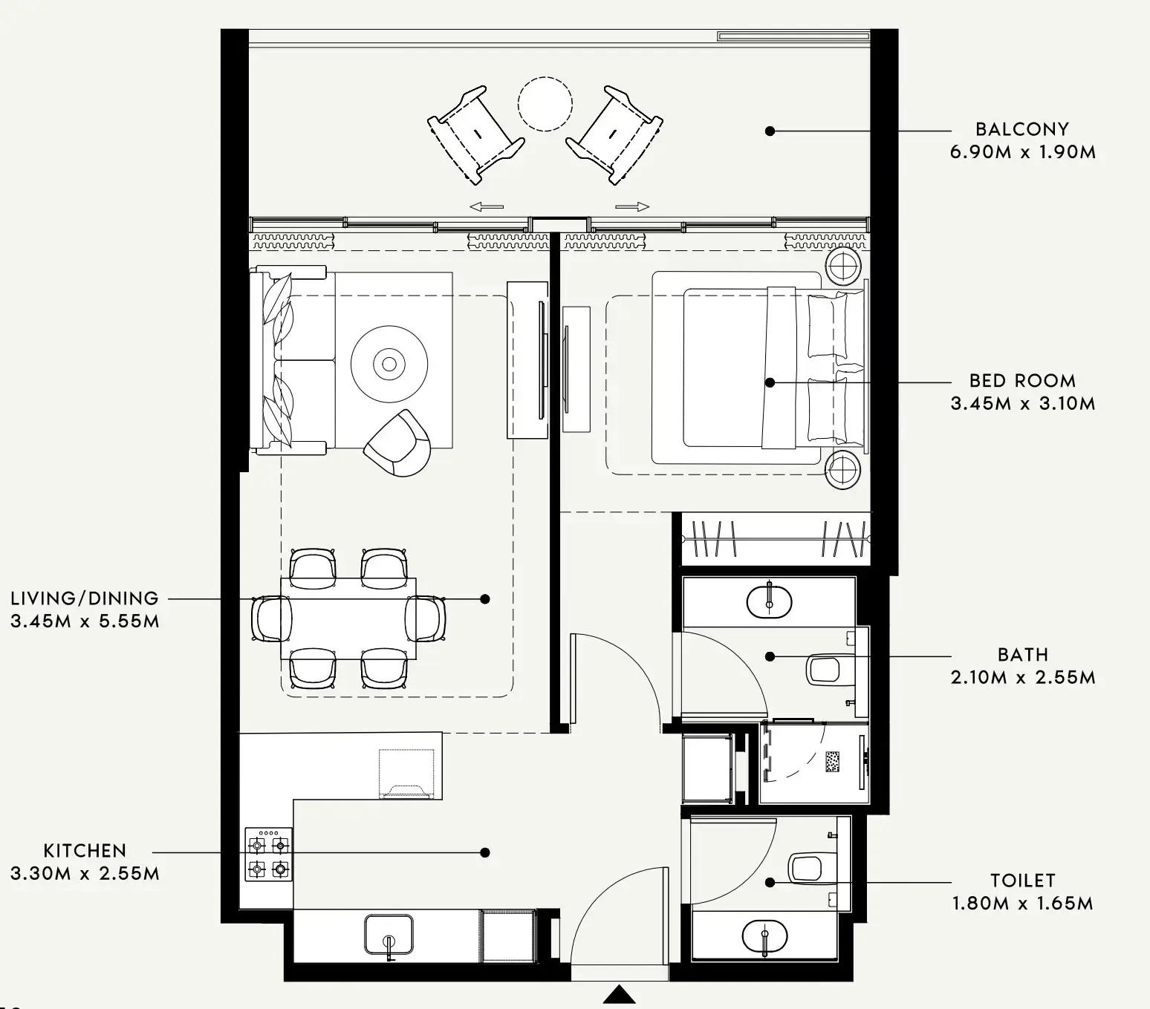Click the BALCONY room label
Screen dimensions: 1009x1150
[1021, 129]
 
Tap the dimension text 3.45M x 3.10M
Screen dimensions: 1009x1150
[1022, 404]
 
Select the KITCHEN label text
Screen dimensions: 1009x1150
[85, 851]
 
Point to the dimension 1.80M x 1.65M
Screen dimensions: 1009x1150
[1022, 904]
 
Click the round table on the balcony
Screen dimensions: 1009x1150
[545, 105]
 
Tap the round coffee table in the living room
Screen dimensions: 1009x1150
[389, 364]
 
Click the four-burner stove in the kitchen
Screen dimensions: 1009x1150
[268, 855]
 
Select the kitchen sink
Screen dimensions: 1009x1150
[389, 935]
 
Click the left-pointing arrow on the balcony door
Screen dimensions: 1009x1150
[487, 207]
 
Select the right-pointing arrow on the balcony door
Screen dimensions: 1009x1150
[633, 207]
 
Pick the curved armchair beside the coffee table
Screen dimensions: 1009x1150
[398, 443]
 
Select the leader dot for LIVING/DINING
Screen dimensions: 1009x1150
[485, 598]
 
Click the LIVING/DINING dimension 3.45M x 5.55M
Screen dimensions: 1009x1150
[85, 621]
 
